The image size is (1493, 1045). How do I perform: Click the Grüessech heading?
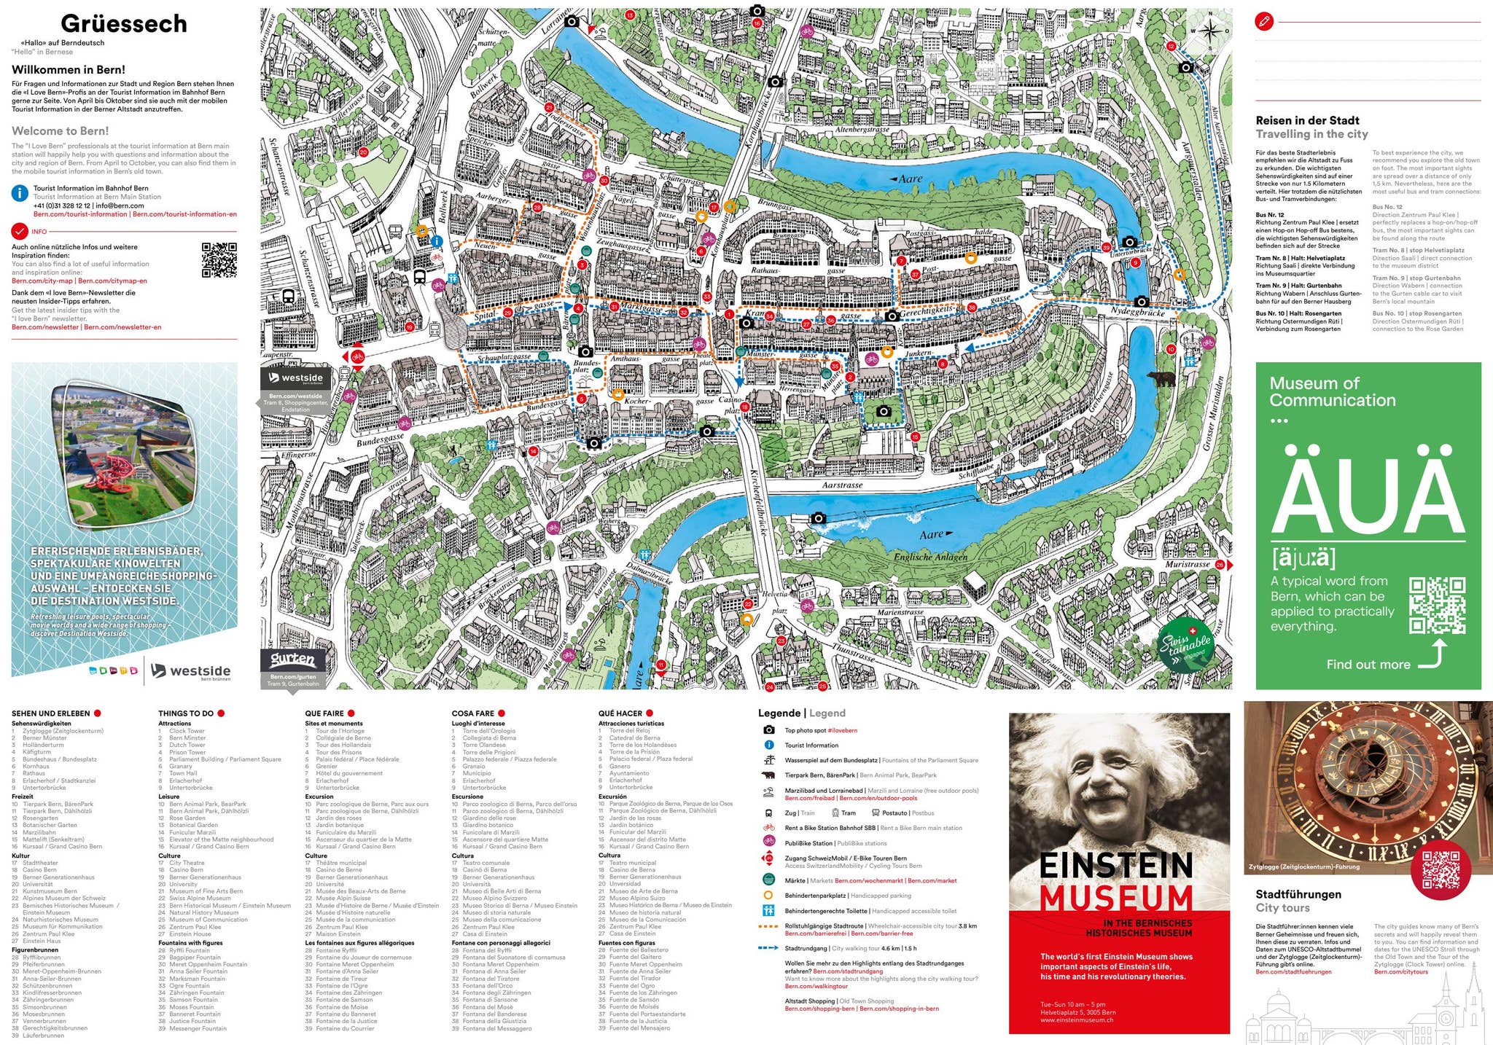pyautogui.click(x=124, y=24)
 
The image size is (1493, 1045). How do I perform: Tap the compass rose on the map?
pyautogui.click(x=1209, y=31)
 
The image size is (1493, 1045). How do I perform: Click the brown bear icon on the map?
pyautogui.click(x=1160, y=379)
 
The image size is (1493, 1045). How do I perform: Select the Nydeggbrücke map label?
pyautogui.click(x=1138, y=313)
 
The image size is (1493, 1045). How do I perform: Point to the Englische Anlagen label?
pyautogui.click(x=930, y=557)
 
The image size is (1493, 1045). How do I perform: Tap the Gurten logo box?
pyautogui.click(x=293, y=660)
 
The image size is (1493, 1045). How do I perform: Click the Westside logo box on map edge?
pyautogui.click(x=295, y=377)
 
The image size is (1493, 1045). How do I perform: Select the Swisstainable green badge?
pyautogui.click(x=1185, y=643)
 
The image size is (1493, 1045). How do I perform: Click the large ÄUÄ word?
pyautogui.click(x=1368, y=496)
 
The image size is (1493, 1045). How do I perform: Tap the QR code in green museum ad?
pyautogui.click(x=1436, y=605)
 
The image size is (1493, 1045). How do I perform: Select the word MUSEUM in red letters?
pyautogui.click(x=1115, y=899)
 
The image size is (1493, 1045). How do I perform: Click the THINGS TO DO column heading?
pyautogui.click(x=186, y=713)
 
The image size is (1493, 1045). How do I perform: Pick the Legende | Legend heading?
pyautogui.click(x=801, y=713)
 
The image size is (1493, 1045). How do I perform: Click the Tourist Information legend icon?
pyautogui.click(x=768, y=745)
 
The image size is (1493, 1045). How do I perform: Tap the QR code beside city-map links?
pyautogui.click(x=219, y=260)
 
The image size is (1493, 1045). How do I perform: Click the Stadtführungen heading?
pyautogui.click(x=1298, y=894)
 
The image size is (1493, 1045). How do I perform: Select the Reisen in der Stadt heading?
pyautogui.click(x=1307, y=120)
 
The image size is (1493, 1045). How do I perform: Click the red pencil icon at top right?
pyautogui.click(x=1264, y=22)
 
